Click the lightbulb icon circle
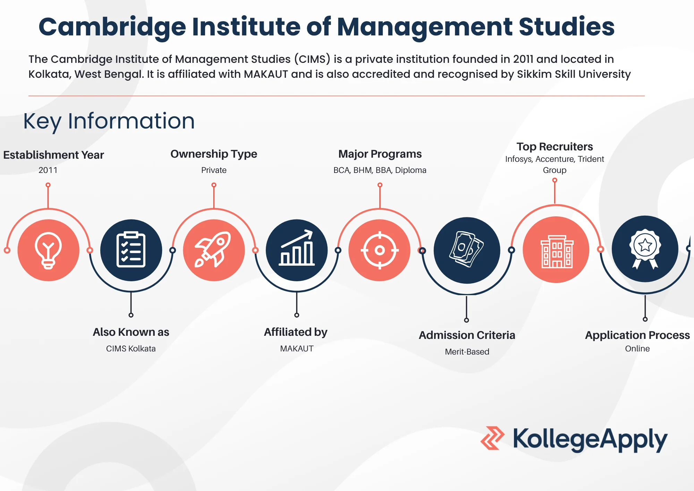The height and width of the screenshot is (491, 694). tap(49, 250)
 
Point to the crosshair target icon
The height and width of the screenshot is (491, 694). tap(380, 250)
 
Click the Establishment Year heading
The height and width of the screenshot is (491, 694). tap(53, 155)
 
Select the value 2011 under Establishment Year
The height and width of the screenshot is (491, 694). tap(48, 170)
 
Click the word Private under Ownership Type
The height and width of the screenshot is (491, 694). tap(214, 170)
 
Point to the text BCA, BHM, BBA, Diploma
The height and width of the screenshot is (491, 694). tap(380, 170)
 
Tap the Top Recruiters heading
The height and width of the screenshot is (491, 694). tap(555, 147)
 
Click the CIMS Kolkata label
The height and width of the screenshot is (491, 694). tap(131, 349)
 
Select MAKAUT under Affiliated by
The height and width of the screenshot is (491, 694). tap(297, 349)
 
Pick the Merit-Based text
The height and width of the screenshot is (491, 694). tap(467, 352)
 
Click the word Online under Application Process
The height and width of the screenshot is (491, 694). tap(637, 349)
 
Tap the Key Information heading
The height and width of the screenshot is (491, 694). tap(109, 121)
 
